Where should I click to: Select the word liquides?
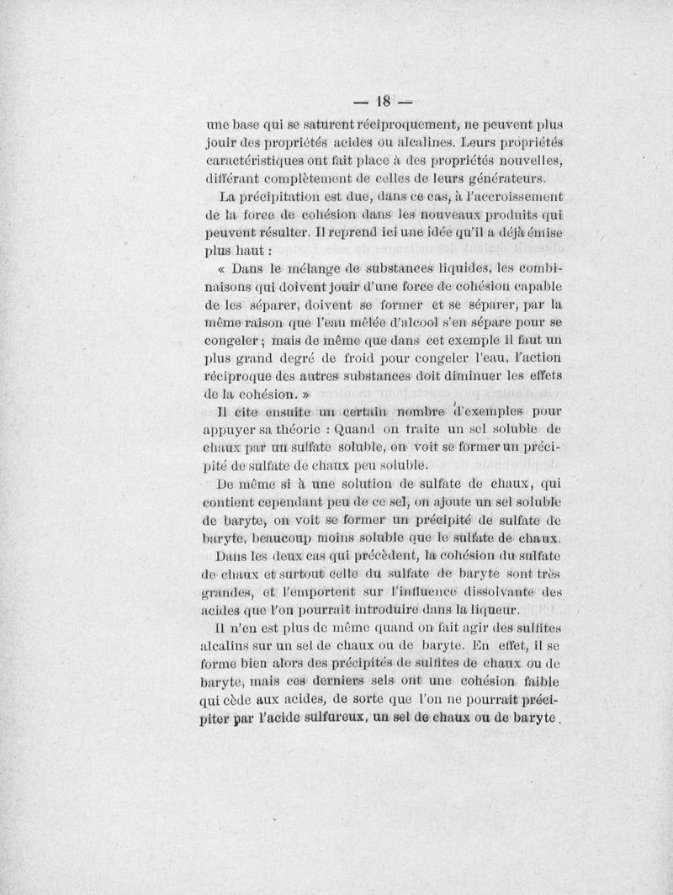click(x=459, y=271)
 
